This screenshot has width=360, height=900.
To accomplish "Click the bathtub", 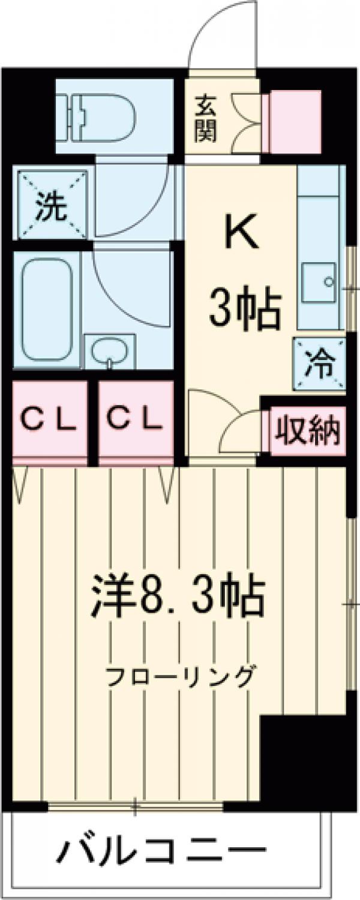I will (x=47, y=309).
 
